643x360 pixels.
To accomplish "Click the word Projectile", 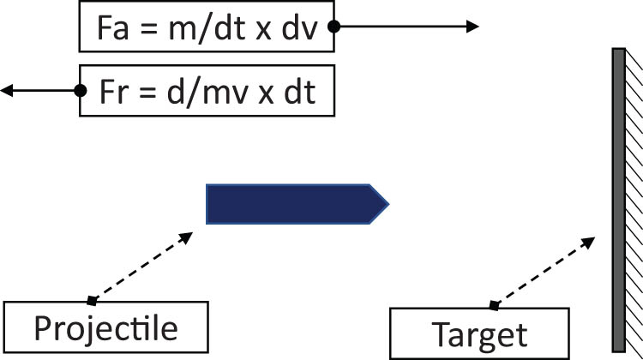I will [105, 328].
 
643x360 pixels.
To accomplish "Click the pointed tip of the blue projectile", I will [388, 204].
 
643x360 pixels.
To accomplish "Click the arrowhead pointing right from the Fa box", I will [473, 27].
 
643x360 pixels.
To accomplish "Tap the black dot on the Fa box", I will [334, 27].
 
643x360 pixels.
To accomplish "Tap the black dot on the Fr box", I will [81, 90].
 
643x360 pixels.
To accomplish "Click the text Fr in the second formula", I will [114, 92].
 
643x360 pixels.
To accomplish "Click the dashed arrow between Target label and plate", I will [542, 272].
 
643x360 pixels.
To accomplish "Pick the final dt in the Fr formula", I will [297, 92].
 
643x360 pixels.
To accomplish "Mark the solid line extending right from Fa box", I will [403, 27].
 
